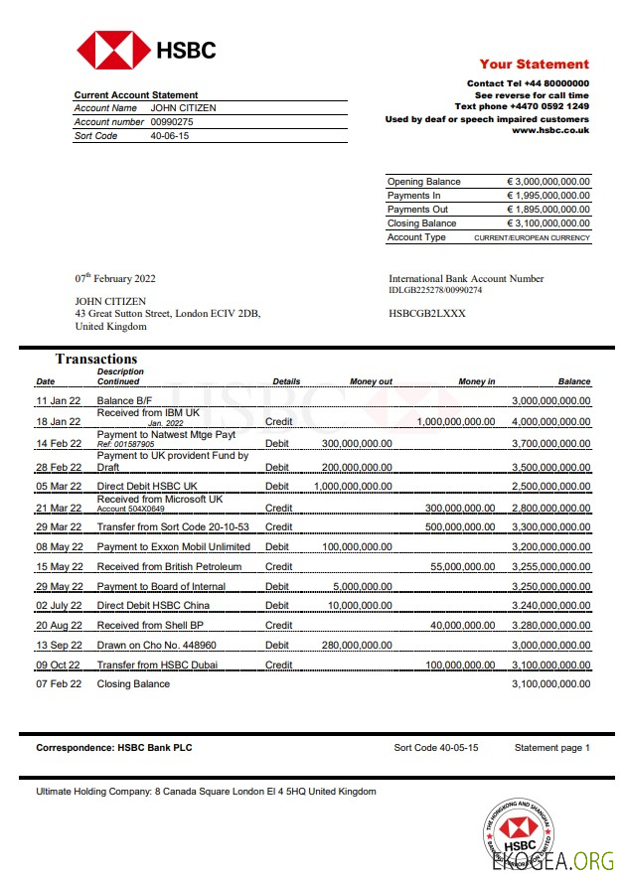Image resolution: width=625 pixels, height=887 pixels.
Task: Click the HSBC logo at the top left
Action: (146, 50)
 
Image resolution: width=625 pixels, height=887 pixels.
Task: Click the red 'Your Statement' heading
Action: (534, 64)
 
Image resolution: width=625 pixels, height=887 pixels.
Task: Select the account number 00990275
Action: (172, 122)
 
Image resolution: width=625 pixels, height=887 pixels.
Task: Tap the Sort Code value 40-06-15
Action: (169, 136)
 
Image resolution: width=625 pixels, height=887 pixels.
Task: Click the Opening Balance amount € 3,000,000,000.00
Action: (547, 182)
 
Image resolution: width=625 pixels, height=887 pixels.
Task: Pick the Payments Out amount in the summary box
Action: (547, 210)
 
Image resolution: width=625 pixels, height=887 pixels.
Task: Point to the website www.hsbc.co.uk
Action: (550, 130)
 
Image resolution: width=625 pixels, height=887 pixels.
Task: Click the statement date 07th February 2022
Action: (115, 279)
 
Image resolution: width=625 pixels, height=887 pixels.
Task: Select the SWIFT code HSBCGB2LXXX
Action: (426, 314)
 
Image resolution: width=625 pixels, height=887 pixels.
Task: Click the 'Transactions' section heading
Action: (96, 360)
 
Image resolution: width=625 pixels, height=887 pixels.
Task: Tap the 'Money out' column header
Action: (371, 381)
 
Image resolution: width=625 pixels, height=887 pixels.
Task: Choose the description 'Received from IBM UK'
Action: (148, 412)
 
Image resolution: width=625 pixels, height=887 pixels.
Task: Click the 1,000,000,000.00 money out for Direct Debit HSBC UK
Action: (353, 487)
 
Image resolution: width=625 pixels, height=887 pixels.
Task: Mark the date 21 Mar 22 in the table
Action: (59, 508)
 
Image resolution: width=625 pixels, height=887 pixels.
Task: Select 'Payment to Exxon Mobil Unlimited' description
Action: (174, 546)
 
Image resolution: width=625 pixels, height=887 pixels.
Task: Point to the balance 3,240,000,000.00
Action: (550, 606)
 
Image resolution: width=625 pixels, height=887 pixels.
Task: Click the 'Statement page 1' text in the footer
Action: (551, 747)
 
